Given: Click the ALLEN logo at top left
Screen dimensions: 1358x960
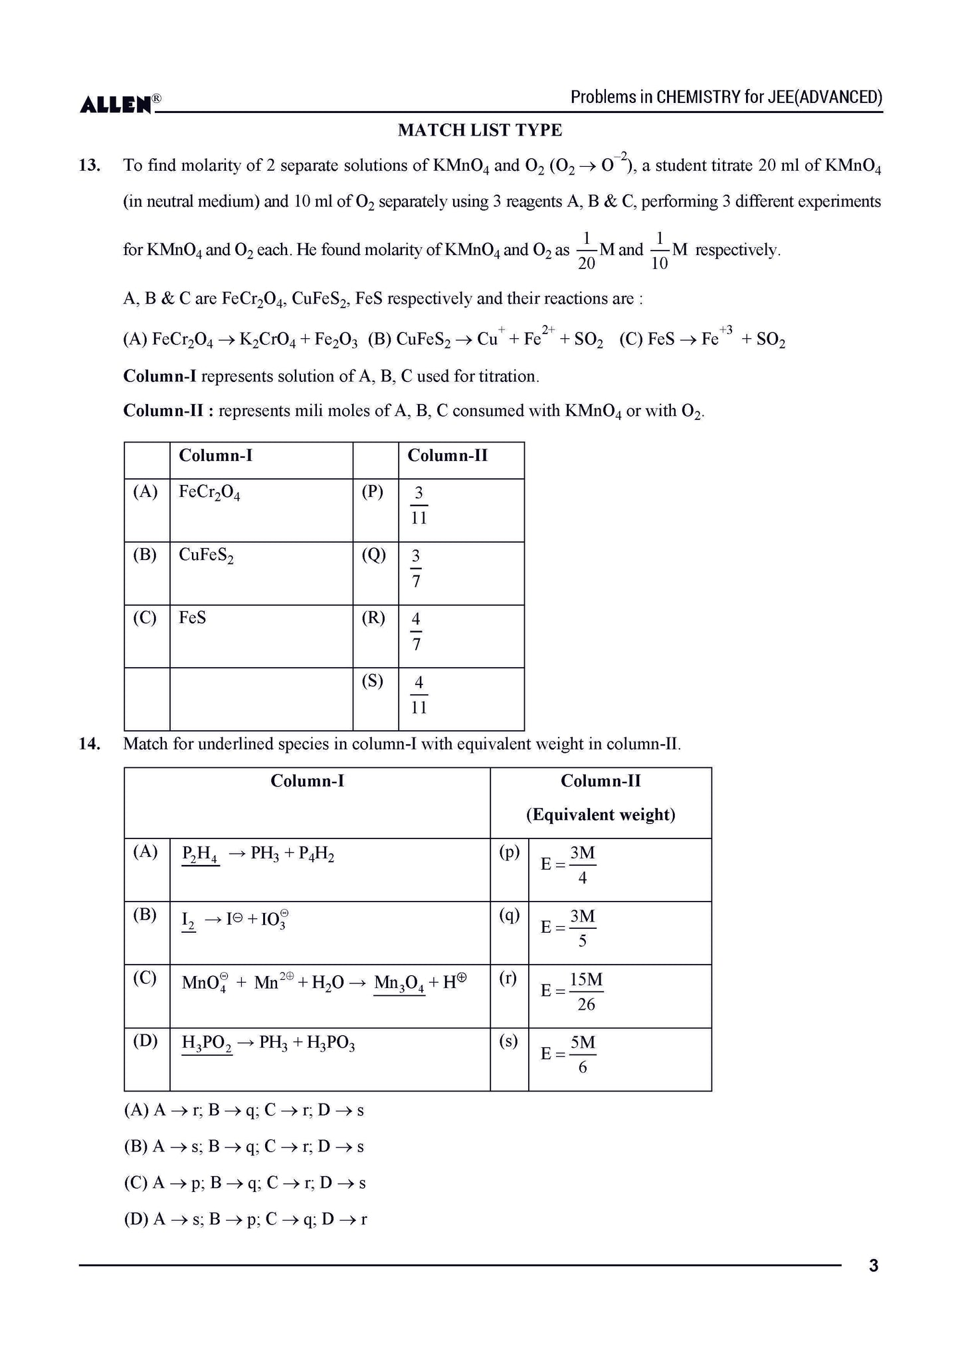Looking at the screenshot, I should point(117,104).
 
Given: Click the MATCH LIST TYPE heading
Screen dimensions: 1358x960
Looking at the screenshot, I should point(480,130).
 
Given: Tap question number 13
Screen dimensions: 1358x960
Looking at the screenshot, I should point(89,165).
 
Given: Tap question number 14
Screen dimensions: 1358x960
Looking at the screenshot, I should point(89,744).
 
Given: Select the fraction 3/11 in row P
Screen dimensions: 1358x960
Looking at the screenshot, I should point(419,506).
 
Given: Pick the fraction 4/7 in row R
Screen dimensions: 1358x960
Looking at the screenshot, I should point(416,632).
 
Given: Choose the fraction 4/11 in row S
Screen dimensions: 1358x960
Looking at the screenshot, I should point(419,695).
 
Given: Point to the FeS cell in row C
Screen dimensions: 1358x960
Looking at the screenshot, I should point(193,618).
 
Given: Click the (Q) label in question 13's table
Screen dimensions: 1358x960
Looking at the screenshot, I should point(374,555).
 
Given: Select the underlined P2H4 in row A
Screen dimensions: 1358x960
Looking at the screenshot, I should point(199,854).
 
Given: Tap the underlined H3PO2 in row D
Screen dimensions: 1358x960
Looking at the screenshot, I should point(207,1044).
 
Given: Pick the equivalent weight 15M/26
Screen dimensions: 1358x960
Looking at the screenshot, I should point(585,992).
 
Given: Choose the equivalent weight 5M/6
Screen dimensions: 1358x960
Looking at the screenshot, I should point(583,1054).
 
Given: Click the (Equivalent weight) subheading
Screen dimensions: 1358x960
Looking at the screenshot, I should point(601,815).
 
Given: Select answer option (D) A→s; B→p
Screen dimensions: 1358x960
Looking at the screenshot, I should point(245,1219).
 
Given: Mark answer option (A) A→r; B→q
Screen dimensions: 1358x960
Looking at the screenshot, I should point(244,1110).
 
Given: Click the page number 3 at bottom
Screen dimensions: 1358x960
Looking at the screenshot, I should point(873,1266).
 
